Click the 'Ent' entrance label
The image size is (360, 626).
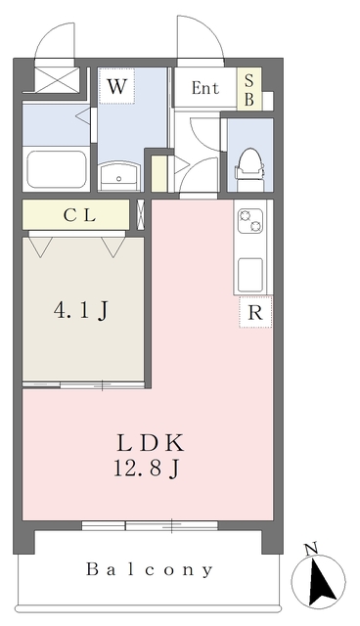205,88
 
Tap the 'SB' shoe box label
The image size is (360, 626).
249,89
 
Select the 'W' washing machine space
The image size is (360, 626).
117,86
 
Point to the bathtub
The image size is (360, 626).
57,169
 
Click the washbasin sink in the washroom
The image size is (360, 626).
119,176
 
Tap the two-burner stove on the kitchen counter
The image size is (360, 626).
250,221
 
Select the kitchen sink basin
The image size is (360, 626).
250,275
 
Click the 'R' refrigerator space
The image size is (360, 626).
255,312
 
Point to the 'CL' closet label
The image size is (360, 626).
80,216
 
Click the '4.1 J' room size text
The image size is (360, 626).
81,310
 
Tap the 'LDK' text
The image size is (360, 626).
151,443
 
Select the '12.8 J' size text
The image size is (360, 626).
146,468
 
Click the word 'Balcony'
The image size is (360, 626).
150,569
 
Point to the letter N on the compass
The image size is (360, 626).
310,550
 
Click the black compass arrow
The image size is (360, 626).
321,583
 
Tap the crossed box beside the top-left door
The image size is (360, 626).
57,80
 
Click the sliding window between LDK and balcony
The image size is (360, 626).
150,525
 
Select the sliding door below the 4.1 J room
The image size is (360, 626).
83,384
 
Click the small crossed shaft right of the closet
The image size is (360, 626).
141,215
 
